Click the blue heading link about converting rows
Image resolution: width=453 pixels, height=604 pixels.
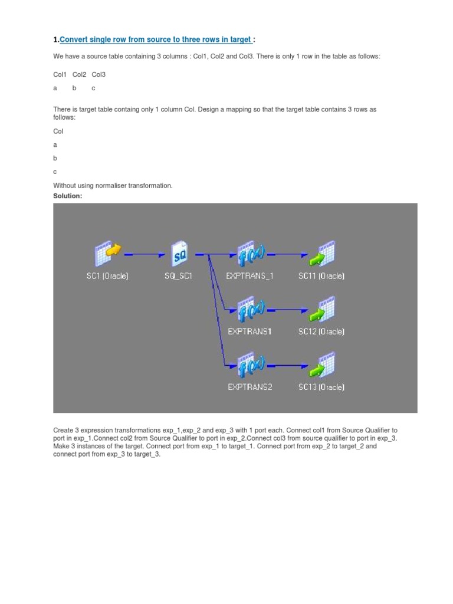point(156,40)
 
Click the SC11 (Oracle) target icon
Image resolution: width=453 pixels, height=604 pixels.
point(321,254)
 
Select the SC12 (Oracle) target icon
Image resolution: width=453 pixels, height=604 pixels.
point(321,310)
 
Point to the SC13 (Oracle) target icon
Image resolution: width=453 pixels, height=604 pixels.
point(321,366)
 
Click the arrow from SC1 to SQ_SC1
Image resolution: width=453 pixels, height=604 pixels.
point(145,255)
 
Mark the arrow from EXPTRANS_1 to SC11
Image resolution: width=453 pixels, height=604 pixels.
point(287,255)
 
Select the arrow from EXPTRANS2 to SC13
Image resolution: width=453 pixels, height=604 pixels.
point(287,366)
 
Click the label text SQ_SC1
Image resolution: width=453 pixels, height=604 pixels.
point(179,276)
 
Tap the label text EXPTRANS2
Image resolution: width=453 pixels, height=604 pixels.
point(250,388)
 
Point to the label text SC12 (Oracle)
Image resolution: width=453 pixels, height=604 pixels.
point(321,331)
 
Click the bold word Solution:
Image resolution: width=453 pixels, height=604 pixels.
point(68,196)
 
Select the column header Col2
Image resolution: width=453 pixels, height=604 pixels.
point(80,75)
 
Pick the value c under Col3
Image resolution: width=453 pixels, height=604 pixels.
point(93,88)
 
